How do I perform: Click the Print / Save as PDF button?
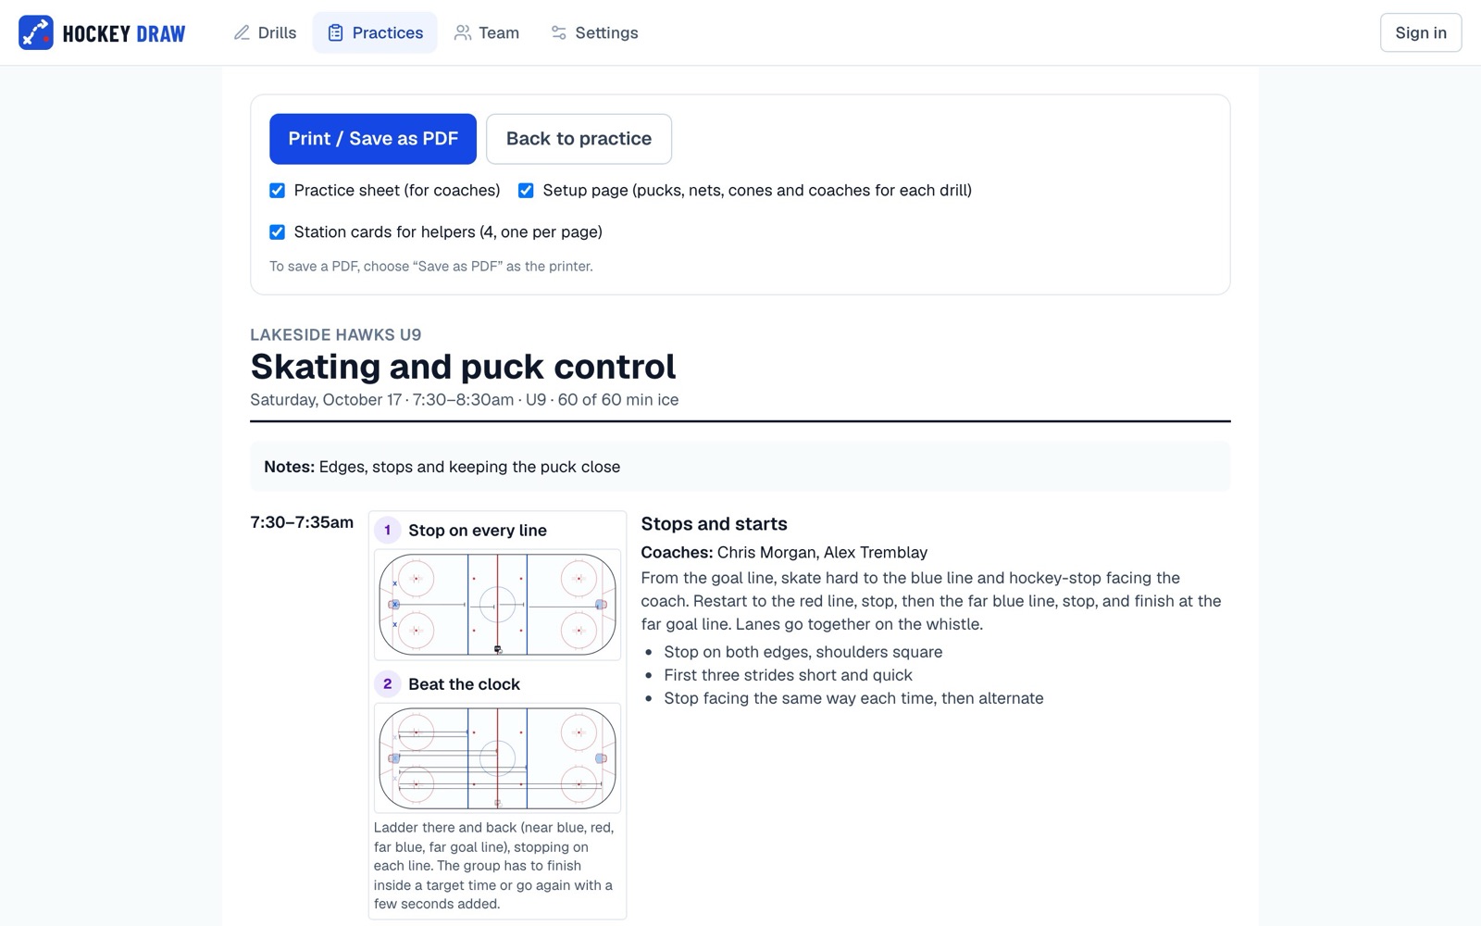pyautogui.click(x=372, y=139)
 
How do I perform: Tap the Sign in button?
pyautogui.click(x=1421, y=32)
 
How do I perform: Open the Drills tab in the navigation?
pyautogui.click(x=265, y=32)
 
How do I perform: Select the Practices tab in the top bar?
pyautogui.click(x=375, y=32)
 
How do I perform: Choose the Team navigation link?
pyautogui.click(x=487, y=32)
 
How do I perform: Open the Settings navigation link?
pyautogui.click(x=594, y=32)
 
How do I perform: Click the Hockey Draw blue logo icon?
pyautogui.click(x=36, y=32)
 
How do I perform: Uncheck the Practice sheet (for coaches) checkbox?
pyautogui.click(x=277, y=191)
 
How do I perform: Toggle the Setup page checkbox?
pyautogui.click(x=526, y=191)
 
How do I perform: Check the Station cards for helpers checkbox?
pyautogui.click(x=277, y=232)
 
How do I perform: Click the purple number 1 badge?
pyautogui.click(x=388, y=531)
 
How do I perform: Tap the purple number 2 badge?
pyautogui.click(x=388, y=684)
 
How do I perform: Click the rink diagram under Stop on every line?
pyautogui.click(x=497, y=605)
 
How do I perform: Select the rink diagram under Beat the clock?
pyautogui.click(x=497, y=758)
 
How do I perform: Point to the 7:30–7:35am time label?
pyautogui.click(x=302, y=522)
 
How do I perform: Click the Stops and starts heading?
pyautogui.click(x=714, y=524)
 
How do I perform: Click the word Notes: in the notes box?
pyautogui.click(x=289, y=467)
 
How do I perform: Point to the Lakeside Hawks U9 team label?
pyautogui.click(x=335, y=334)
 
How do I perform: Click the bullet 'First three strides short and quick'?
pyautogui.click(x=788, y=675)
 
